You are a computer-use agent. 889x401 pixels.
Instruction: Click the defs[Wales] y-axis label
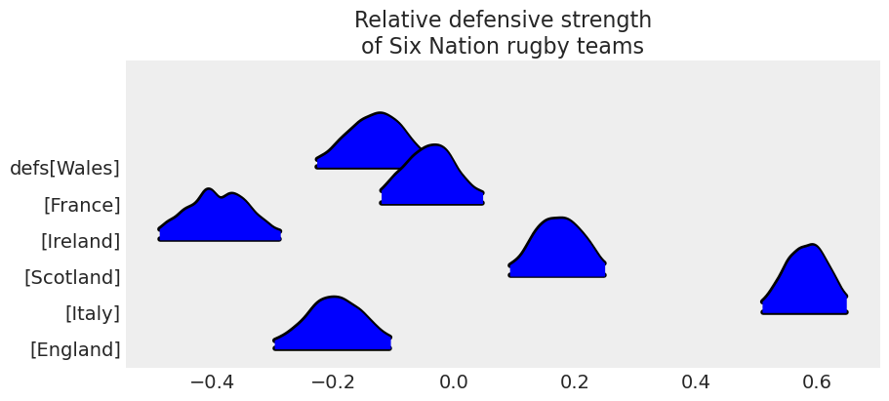click(64, 169)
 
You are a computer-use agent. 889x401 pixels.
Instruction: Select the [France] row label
click(82, 205)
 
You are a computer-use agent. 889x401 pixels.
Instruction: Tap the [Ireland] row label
click(80, 241)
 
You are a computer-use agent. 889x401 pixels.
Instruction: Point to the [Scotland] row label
click(72, 278)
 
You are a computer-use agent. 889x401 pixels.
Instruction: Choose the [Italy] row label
click(92, 314)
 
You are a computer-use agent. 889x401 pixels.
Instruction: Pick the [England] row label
click(75, 350)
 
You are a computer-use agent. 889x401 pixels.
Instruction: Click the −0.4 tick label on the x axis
click(211, 381)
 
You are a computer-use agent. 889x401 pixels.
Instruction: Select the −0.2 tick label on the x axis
click(332, 381)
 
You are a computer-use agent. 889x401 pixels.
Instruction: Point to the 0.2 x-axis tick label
click(575, 381)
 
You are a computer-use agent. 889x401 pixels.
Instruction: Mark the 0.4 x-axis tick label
click(696, 381)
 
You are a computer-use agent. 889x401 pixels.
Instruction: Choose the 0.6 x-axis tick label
click(817, 381)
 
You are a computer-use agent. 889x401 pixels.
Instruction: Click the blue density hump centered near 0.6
click(805, 288)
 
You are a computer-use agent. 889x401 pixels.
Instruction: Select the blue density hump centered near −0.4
click(220, 220)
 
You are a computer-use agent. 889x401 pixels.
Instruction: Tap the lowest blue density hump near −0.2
click(332, 327)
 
